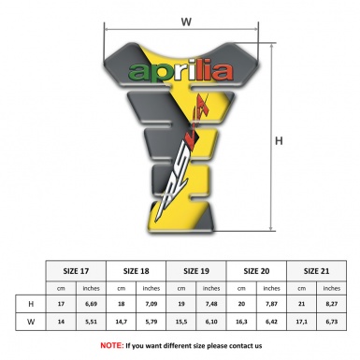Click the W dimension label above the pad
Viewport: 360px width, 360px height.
coord(186,19)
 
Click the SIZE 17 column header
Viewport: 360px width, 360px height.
coord(77,269)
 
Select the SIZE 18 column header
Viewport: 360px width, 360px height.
coord(137,269)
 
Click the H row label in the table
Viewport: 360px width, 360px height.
coord(31,304)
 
